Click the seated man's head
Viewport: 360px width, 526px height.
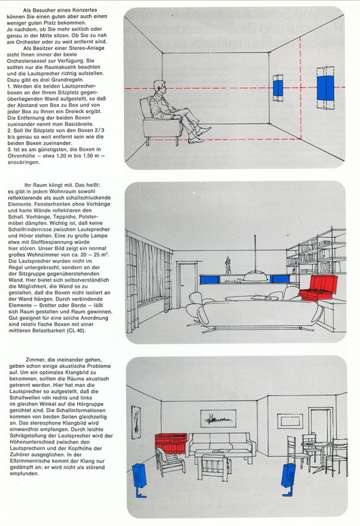[159, 88]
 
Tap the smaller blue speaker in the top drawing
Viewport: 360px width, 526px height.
[278, 88]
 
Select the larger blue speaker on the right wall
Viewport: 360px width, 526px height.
[326, 88]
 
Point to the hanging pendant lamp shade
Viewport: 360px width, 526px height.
[255, 277]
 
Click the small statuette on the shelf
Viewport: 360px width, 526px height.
[228, 265]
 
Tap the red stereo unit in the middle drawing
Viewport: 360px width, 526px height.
[318, 288]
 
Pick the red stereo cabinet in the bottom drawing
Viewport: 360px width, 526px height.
[171, 444]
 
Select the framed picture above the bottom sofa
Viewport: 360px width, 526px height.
[218, 418]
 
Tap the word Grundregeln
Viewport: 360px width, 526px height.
[69, 80]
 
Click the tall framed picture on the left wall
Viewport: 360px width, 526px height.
[136, 422]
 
